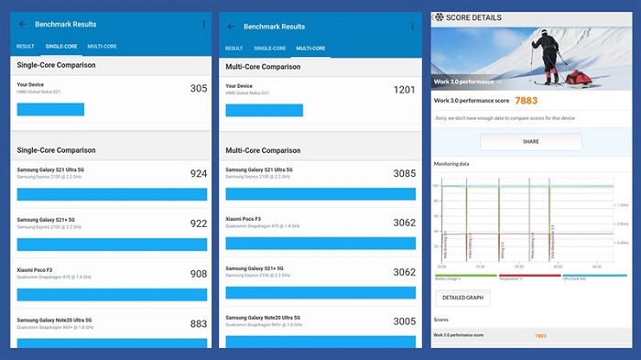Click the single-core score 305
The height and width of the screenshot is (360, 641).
click(198, 89)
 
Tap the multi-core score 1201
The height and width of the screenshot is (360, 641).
click(404, 89)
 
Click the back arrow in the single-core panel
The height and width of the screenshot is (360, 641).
click(23, 25)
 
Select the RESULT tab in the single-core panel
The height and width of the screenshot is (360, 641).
click(26, 46)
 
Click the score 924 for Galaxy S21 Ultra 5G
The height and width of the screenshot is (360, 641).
click(198, 173)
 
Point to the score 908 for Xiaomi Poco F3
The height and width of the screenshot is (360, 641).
click(198, 274)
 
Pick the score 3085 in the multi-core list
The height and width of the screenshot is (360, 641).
click(404, 173)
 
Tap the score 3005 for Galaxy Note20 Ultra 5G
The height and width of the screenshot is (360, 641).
click(404, 322)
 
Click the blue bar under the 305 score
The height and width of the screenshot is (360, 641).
click(50, 109)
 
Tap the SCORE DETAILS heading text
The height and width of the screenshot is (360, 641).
click(475, 17)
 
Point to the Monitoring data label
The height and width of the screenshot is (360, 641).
click(451, 164)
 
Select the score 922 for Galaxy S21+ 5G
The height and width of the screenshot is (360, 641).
click(198, 224)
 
